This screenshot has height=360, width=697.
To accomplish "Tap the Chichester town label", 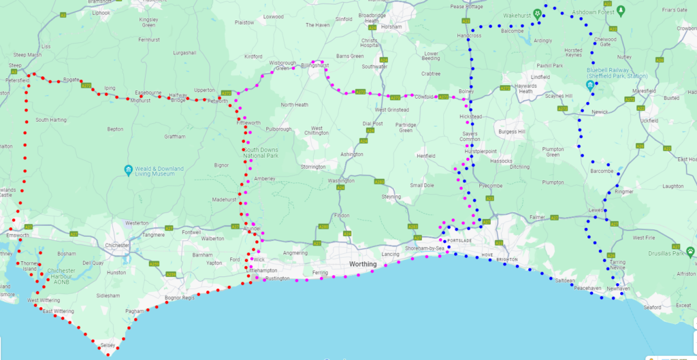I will click(x=116, y=244).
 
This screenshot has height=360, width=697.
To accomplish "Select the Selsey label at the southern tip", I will click(x=108, y=346).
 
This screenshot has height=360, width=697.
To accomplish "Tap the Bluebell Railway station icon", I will click(x=590, y=84).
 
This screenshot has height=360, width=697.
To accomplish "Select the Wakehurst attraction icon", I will click(x=537, y=13).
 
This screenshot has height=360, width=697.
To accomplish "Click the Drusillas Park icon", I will click(x=690, y=251).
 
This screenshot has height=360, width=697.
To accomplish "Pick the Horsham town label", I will click(x=391, y=27).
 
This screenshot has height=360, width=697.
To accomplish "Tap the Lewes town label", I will click(x=596, y=210).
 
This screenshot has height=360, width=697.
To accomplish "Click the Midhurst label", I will click(x=140, y=101).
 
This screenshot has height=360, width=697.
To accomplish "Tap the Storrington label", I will click(x=314, y=166).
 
